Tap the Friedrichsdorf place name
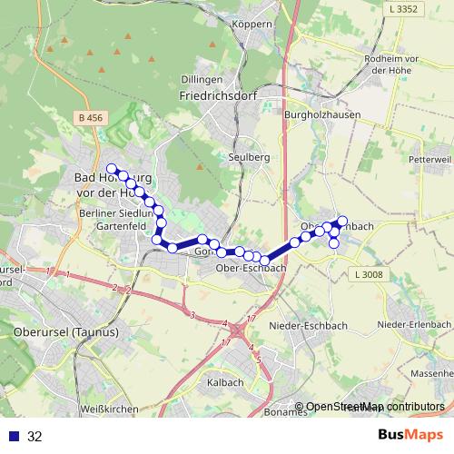219,94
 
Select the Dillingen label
202,80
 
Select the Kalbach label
224,382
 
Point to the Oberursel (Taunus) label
66,331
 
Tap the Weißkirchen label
108,410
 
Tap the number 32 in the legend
35,436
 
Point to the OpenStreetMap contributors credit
370,407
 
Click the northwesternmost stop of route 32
112,168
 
